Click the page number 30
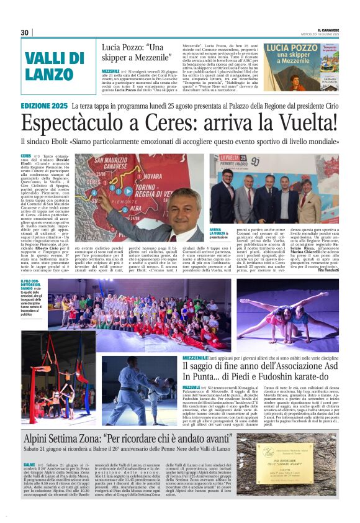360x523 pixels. (x=25, y=32)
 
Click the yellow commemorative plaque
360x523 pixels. (x=295, y=472)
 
